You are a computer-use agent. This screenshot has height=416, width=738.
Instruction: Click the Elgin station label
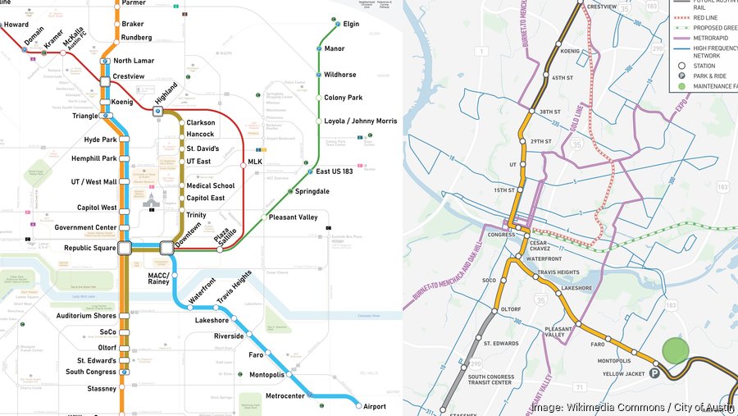click(x=351, y=24)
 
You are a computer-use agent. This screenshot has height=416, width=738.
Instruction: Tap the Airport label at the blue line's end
click(x=376, y=405)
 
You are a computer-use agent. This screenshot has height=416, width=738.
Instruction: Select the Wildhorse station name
click(x=339, y=75)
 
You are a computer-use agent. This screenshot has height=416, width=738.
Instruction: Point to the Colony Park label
click(x=343, y=98)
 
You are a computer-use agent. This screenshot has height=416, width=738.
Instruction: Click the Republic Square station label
click(x=89, y=247)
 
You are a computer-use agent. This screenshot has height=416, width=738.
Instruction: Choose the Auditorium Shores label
click(x=86, y=316)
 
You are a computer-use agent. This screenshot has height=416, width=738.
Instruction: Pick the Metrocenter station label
click(x=285, y=396)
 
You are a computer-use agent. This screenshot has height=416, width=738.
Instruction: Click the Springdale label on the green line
click(x=312, y=191)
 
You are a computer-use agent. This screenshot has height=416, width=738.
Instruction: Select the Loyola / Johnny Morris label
click(x=360, y=121)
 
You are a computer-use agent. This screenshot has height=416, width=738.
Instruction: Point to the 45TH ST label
click(x=563, y=78)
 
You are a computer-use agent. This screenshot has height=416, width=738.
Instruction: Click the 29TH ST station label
click(x=541, y=141)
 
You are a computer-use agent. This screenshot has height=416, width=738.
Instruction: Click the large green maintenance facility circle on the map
click(x=675, y=350)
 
